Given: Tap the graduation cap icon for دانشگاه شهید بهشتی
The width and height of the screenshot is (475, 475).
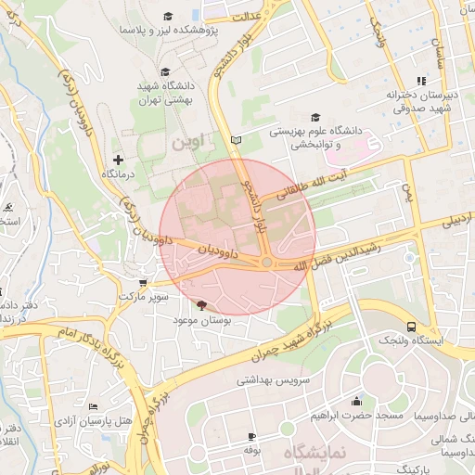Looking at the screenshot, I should click(165, 71).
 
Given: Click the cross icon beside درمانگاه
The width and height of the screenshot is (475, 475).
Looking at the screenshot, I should click(118, 160).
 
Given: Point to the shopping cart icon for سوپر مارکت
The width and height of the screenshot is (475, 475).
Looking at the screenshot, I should click(141, 284).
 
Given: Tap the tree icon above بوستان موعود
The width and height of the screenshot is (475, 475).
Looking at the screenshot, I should click(201, 304).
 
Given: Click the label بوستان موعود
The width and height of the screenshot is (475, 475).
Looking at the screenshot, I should click(200, 319).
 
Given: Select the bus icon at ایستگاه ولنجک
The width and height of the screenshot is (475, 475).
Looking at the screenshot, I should click(411, 327).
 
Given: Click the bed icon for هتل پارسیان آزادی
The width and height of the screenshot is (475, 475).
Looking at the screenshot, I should click(93, 407).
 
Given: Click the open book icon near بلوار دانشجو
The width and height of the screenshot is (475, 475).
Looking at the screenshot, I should click(236, 139).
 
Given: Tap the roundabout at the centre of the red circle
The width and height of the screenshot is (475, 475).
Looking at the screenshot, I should click(266, 263).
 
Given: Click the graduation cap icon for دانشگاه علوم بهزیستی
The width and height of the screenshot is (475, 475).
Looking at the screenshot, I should click(315, 117).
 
